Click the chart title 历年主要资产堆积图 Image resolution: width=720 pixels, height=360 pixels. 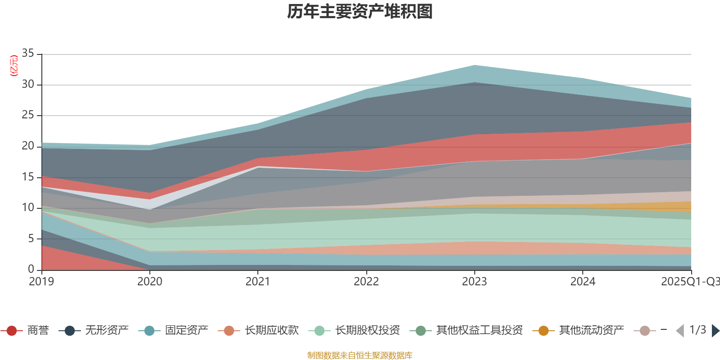point(360,12)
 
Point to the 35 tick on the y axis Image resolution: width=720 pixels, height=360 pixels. point(28,54)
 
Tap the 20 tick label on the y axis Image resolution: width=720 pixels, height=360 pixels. point(28,146)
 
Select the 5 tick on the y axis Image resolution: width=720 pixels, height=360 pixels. point(31,238)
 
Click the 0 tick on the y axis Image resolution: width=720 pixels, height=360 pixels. point(31,269)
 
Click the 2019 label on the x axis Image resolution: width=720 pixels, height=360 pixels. point(41,282)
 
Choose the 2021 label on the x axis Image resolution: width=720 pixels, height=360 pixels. point(258,282)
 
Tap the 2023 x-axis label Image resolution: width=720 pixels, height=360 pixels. point(474,282)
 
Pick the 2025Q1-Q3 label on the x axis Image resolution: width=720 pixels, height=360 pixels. point(689,282)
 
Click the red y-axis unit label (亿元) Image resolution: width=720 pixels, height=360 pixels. point(14,66)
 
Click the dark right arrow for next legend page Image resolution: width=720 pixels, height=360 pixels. point(715,331)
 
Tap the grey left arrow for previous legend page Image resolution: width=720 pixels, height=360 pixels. point(680,331)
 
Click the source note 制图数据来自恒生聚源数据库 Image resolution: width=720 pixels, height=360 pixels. point(360,355)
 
